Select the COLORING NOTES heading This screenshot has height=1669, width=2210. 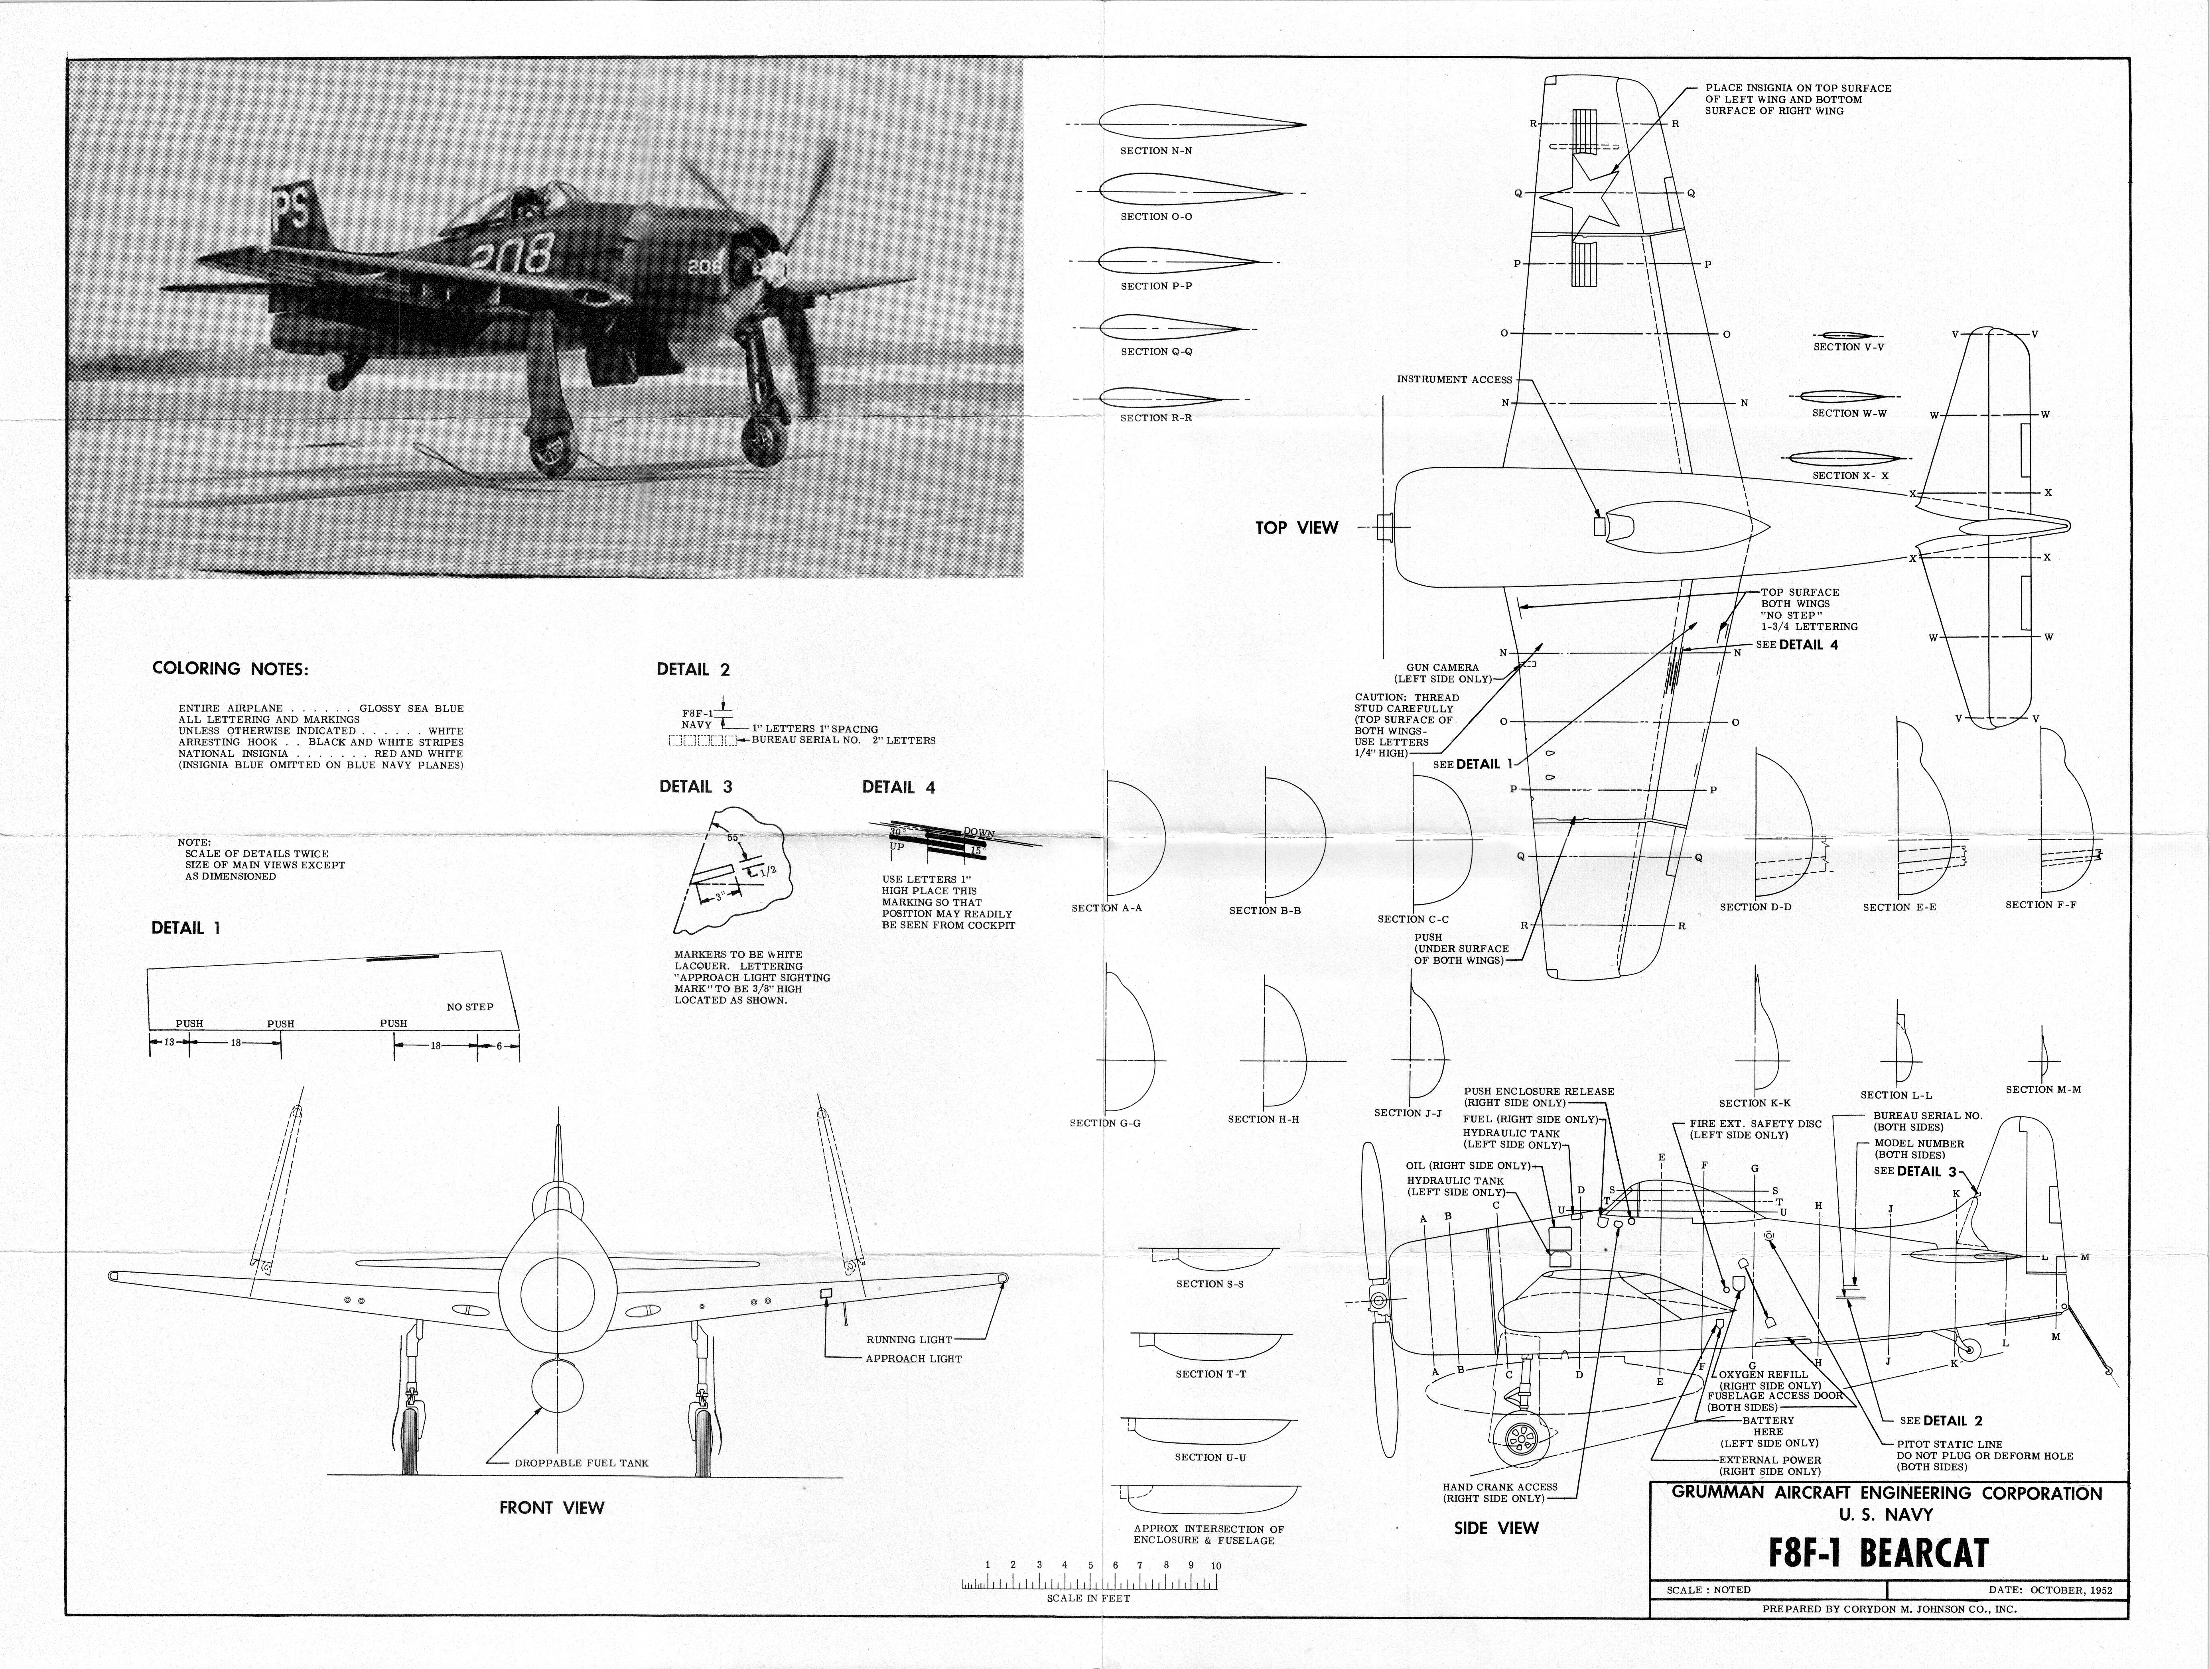(x=230, y=668)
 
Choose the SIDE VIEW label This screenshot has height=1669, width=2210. (x=1496, y=1527)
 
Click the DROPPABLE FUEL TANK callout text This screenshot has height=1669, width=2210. (x=582, y=1463)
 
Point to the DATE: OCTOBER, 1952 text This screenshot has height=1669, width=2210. (x=2050, y=1589)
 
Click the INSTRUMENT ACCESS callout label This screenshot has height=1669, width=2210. (x=1454, y=380)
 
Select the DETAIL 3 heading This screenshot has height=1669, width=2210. (x=695, y=786)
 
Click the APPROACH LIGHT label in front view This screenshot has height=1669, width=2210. (x=913, y=1358)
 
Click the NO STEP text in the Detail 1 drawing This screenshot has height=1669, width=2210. (x=469, y=1007)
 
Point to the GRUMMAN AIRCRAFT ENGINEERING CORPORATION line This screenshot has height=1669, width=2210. (x=1886, y=1493)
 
